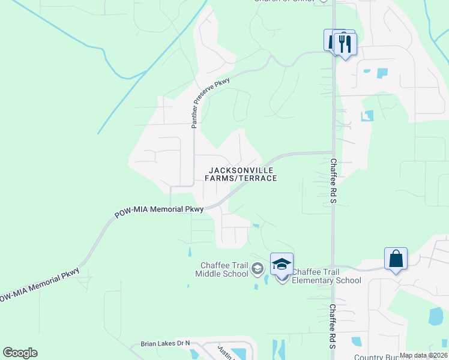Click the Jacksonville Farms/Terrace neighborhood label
240,174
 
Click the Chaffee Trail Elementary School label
326,276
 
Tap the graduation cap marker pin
282,265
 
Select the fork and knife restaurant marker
345,44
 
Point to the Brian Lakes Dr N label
165,344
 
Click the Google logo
20,353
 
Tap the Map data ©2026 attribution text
423,355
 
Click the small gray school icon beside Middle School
258,268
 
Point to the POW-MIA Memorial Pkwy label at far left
39,284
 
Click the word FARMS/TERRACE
241,178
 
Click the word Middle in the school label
208,274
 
